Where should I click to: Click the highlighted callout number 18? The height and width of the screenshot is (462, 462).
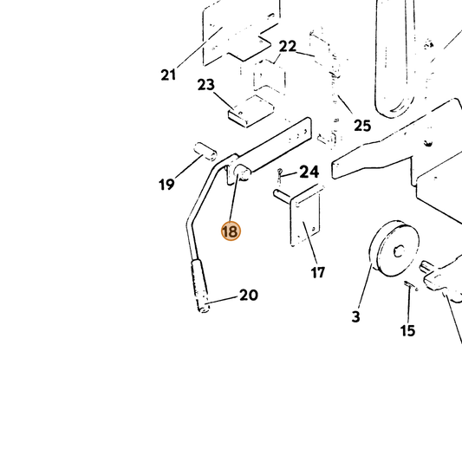(231, 231)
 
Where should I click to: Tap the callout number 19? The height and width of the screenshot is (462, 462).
(166, 185)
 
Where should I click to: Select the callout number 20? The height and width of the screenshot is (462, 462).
(249, 295)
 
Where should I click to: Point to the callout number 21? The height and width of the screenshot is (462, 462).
(168, 75)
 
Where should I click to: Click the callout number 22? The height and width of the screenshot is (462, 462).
(288, 47)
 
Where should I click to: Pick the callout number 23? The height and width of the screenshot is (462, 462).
(206, 85)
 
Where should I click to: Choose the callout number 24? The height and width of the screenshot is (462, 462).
(309, 172)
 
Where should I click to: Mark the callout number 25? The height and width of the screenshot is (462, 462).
(362, 126)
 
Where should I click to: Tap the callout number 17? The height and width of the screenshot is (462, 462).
(317, 272)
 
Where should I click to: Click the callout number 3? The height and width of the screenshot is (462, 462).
(356, 316)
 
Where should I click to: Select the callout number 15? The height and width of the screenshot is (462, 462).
(407, 330)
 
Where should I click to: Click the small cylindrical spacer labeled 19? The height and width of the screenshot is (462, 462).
(205, 152)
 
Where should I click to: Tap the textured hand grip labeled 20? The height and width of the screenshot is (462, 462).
(200, 286)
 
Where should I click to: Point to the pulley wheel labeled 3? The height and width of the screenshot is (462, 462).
(394, 249)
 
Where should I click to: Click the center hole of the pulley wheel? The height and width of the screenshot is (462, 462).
(399, 251)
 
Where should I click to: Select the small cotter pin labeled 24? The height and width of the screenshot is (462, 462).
(280, 175)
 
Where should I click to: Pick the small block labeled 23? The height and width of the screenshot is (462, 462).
(251, 111)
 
